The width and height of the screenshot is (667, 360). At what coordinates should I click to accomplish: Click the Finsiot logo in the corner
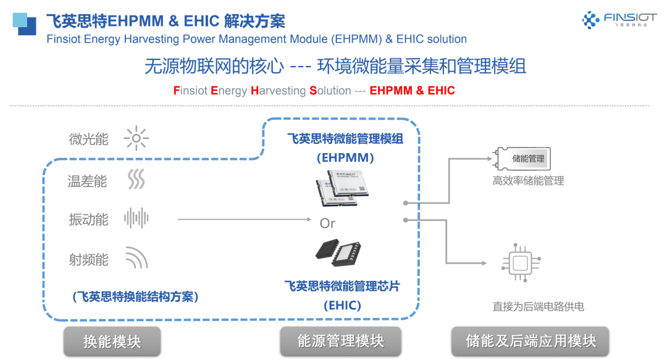click(615, 20)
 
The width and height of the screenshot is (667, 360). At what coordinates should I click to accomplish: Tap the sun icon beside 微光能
click(136, 139)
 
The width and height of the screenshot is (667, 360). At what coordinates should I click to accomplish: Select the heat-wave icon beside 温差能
click(136, 180)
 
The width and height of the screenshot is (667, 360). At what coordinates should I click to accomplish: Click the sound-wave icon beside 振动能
click(136, 219)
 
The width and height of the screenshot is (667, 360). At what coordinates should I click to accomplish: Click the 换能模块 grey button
click(112, 341)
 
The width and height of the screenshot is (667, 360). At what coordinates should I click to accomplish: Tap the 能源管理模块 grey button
click(341, 341)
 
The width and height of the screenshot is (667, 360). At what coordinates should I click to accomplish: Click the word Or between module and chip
click(327, 223)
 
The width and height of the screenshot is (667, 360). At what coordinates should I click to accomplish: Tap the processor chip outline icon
click(520, 265)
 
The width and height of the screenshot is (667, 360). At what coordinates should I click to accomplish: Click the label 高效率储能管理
click(528, 182)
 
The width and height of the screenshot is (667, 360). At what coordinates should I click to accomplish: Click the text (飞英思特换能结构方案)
click(135, 296)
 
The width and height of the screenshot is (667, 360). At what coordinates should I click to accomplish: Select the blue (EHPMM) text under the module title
click(346, 157)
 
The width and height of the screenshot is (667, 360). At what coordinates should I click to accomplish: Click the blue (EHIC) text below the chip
click(342, 305)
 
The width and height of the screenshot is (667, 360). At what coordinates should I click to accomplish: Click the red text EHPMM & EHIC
click(412, 91)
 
